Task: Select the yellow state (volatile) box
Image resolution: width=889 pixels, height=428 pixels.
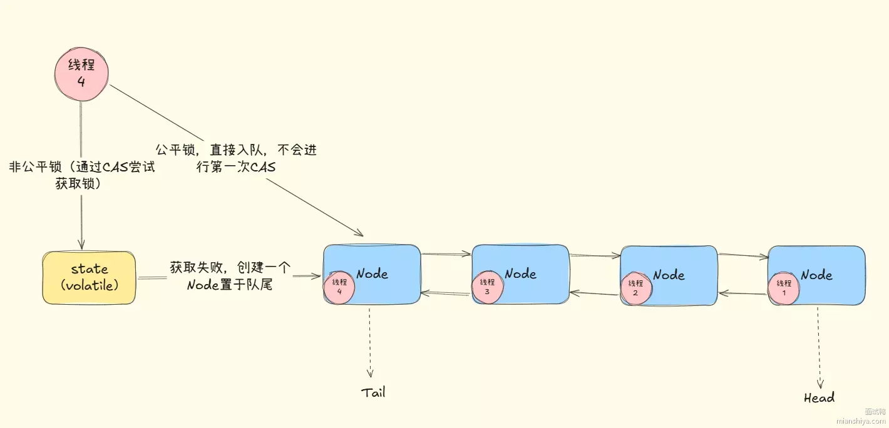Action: point(89,277)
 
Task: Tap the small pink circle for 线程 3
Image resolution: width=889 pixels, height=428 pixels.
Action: point(486,287)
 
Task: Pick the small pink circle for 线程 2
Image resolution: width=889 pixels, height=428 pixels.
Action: point(635,288)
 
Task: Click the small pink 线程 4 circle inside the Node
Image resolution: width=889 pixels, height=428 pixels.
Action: point(339,287)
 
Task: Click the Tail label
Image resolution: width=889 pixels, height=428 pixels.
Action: point(373,393)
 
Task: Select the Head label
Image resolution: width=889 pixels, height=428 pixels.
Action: point(819,398)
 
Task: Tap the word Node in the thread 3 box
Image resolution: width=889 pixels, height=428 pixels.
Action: point(520,273)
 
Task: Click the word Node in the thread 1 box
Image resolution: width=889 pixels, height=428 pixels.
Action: point(816,275)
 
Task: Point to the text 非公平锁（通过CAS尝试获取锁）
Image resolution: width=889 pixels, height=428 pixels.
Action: point(81,175)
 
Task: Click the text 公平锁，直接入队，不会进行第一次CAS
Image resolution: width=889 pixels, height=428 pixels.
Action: point(236,158)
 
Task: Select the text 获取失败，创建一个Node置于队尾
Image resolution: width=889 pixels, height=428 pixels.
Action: point(230,276)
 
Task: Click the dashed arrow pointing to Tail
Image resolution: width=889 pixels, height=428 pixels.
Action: point(369,341)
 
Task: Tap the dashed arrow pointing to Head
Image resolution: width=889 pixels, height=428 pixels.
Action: point(819,347)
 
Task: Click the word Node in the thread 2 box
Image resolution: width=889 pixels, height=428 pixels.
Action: point(669,275)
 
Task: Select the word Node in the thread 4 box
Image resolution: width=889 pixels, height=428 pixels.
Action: point(372,273)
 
